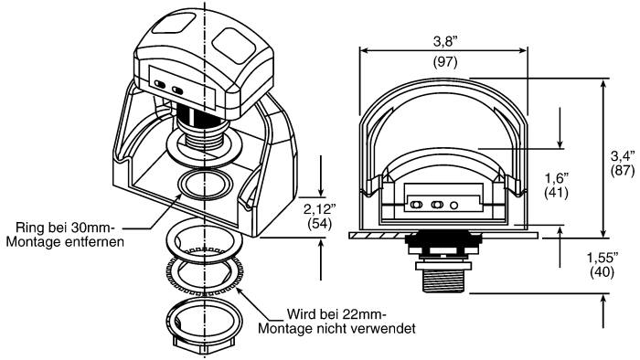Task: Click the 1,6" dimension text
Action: (559, 178)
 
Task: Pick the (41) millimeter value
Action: (559, 194)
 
